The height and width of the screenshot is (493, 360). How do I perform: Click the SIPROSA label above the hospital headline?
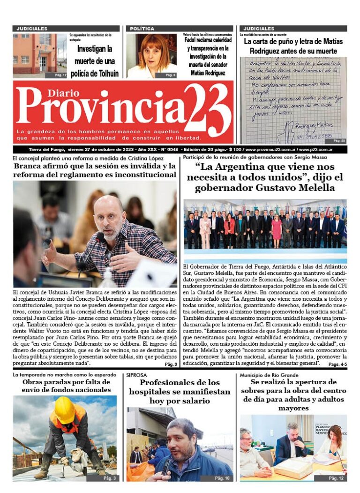click(136, 375)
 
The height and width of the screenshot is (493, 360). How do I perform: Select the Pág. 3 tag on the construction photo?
click(109, 478)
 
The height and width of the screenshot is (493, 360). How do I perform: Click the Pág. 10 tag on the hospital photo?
click(223, 478)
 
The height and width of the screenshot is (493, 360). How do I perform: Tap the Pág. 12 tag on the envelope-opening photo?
click(336, 478)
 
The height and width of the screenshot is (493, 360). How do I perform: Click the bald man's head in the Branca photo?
click(109, 213)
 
